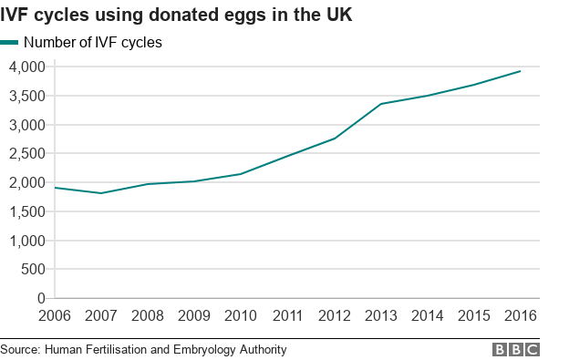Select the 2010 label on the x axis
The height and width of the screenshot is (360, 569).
(x=241, y=315)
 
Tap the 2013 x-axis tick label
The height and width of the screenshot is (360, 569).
(x=380, y=315)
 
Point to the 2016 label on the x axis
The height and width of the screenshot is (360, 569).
(x=520, y=315)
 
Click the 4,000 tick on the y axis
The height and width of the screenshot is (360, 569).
(x=27, y=67)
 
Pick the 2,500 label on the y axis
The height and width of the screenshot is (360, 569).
(x=27, y=153)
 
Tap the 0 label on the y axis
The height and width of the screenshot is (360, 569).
(x=40, y=298)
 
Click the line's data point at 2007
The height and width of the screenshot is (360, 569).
(x=101, y=193)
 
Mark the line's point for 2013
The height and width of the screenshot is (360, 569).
(x=380, y=104)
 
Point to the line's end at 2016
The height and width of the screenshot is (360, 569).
(x=520, y=71)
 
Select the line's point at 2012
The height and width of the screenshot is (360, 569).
(x=334, y=139)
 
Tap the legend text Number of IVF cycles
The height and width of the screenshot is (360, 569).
(x=93, y=42)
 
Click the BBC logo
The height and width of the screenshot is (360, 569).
(x=516, y=349)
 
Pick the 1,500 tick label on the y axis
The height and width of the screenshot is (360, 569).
(x=27, y=211)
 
